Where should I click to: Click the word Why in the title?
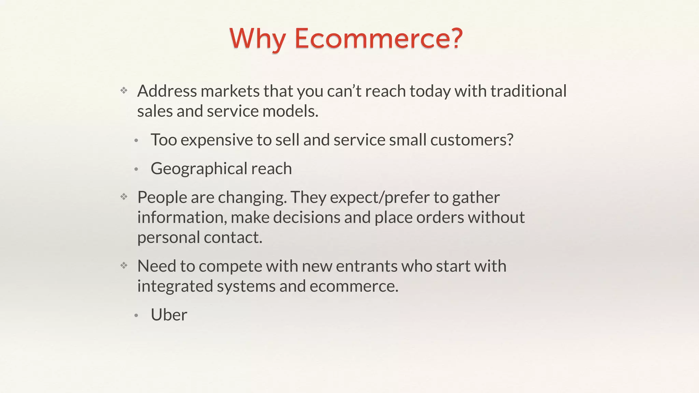(257, 38)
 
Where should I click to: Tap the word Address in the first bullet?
(167, 91)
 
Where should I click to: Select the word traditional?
(528, 91)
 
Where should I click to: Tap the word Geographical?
(199, 169)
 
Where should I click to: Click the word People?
(162, 198)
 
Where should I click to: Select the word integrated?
(175, 286)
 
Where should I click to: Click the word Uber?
(169, 315)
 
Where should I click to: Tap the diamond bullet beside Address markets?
(124, 90)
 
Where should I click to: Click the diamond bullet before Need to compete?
(124, 265)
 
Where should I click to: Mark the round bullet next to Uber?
(136, 316)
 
